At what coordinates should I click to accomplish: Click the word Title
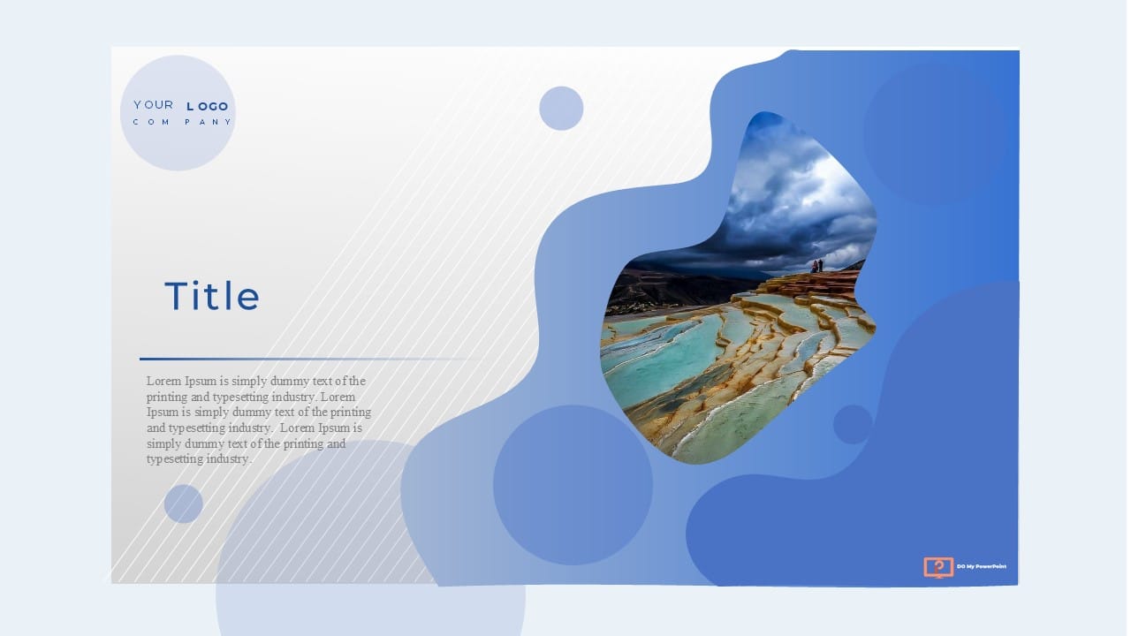[212, 296]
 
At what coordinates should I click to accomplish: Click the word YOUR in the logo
[154, 105]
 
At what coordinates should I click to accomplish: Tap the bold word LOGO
[208, 107]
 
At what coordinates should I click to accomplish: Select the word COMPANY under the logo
[182, 122]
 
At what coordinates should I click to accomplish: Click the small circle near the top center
[561, 108]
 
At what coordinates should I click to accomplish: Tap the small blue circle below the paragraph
[183, 503]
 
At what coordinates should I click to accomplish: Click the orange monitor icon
[938, 567]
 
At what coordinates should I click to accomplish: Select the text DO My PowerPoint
[982, 566]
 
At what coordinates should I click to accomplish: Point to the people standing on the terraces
[817, 266]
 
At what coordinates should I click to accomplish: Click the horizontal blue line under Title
[303, 359]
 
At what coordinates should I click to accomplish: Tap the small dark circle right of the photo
[853, 424]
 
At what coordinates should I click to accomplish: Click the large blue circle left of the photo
[573, 485]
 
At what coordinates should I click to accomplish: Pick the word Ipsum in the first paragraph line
[201, 382]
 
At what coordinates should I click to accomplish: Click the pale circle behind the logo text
[178, 113]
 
